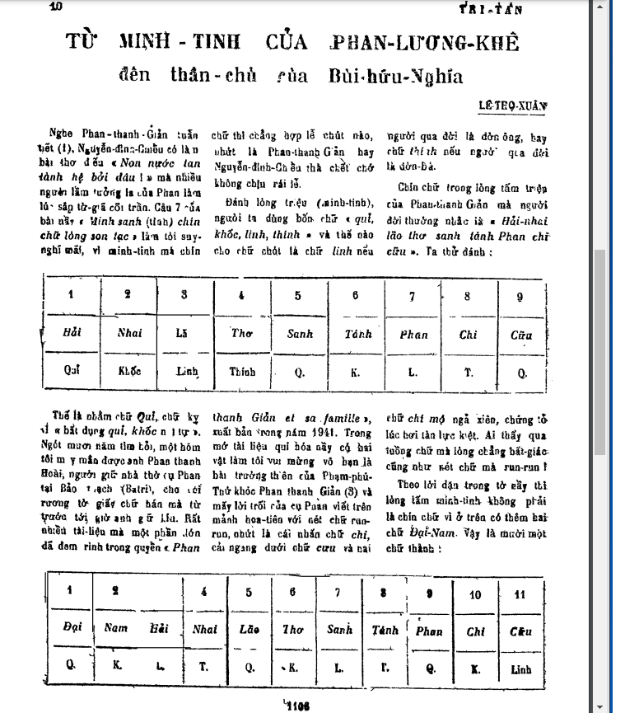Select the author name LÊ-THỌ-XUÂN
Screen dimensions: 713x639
(x=513, y=106)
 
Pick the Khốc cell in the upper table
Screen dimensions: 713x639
(x=129, y=371)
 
